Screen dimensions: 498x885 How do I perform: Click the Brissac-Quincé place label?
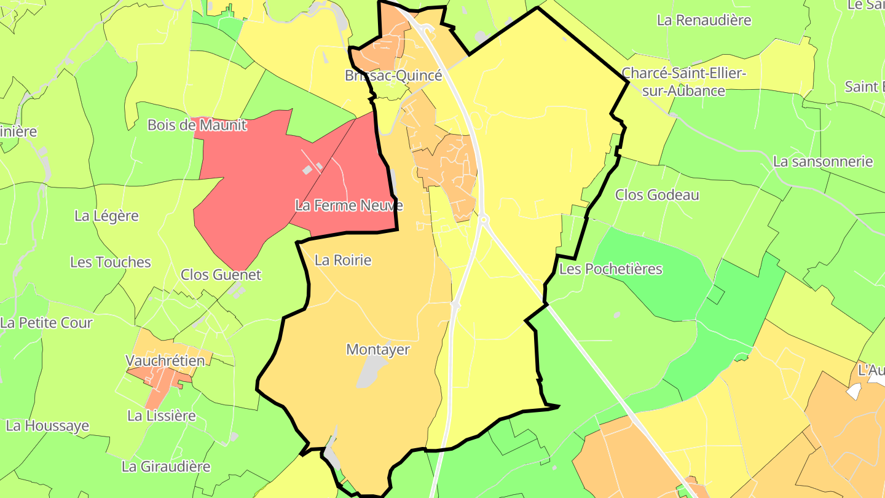pos(393,76)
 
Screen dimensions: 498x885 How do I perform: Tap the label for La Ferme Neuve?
pos(348,205)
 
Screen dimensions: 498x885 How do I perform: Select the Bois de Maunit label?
pos(197,125)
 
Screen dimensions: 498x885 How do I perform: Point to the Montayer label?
pos(378,349)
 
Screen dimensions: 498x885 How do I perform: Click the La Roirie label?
pos(343,260)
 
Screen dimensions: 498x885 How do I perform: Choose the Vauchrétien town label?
pos(165,360)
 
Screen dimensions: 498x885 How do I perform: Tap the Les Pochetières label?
pos(611,269)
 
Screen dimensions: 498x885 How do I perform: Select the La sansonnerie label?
pos(823,162)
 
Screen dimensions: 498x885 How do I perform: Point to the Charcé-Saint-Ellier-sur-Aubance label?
pos(684,82)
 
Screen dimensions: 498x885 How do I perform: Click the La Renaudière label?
pos(704,20)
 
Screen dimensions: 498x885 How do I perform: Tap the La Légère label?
pos(106,216)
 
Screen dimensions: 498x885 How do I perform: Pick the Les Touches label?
pos(111,262)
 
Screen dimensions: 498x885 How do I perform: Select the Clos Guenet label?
pos(221,275)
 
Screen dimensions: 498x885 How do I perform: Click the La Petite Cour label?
pos(46,323)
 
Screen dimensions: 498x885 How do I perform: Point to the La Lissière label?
pos(162,416)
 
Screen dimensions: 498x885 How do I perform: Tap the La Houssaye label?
pos(47,425)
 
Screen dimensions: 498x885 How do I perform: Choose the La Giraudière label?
pos(166,467)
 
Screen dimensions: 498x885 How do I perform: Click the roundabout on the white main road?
pos(484,219)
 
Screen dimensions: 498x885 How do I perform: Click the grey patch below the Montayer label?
pos(371,373)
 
